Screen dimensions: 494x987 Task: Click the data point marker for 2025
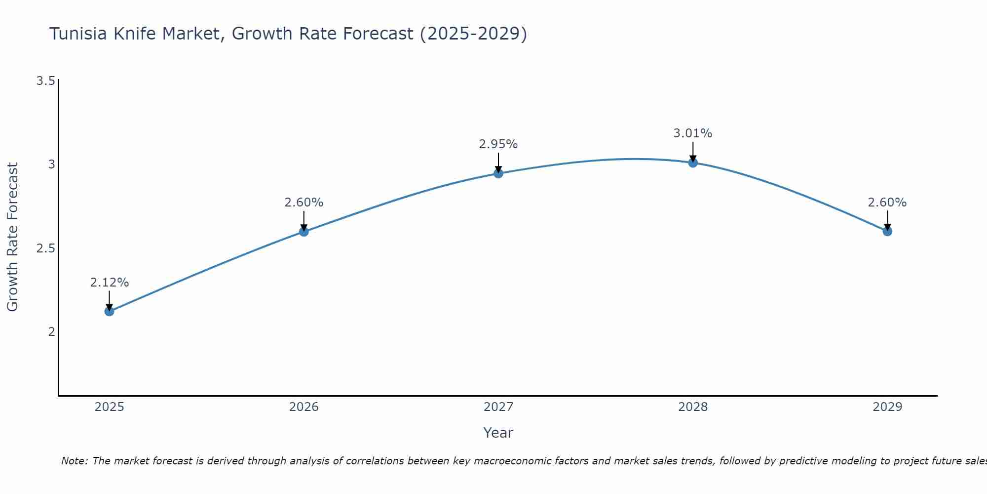pos(109,311)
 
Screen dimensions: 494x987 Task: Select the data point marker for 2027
pos(498,173)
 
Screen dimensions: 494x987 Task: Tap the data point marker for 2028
pos(692,163)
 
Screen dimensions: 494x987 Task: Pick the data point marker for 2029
pos(887,231)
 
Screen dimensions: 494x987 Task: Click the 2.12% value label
pos(109,283)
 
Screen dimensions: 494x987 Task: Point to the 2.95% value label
pos(498,144)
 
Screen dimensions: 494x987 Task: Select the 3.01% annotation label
pos(692,133)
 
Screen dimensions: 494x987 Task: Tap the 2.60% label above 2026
pos(304,203)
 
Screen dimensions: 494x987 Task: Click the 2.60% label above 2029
pos(887,203)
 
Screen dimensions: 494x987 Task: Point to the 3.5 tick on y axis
pos(45,81)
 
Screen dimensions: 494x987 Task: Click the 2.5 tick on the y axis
pos(45,248)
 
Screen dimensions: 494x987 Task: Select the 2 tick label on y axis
pos(51,331)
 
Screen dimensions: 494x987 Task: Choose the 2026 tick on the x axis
pos(304,407)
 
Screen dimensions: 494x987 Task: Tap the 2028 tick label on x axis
pos(692,407)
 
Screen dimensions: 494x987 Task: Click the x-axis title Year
pos(498,433)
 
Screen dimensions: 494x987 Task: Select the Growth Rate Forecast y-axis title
pos(12,237)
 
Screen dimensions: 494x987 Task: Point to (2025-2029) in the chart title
pos(473,34)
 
